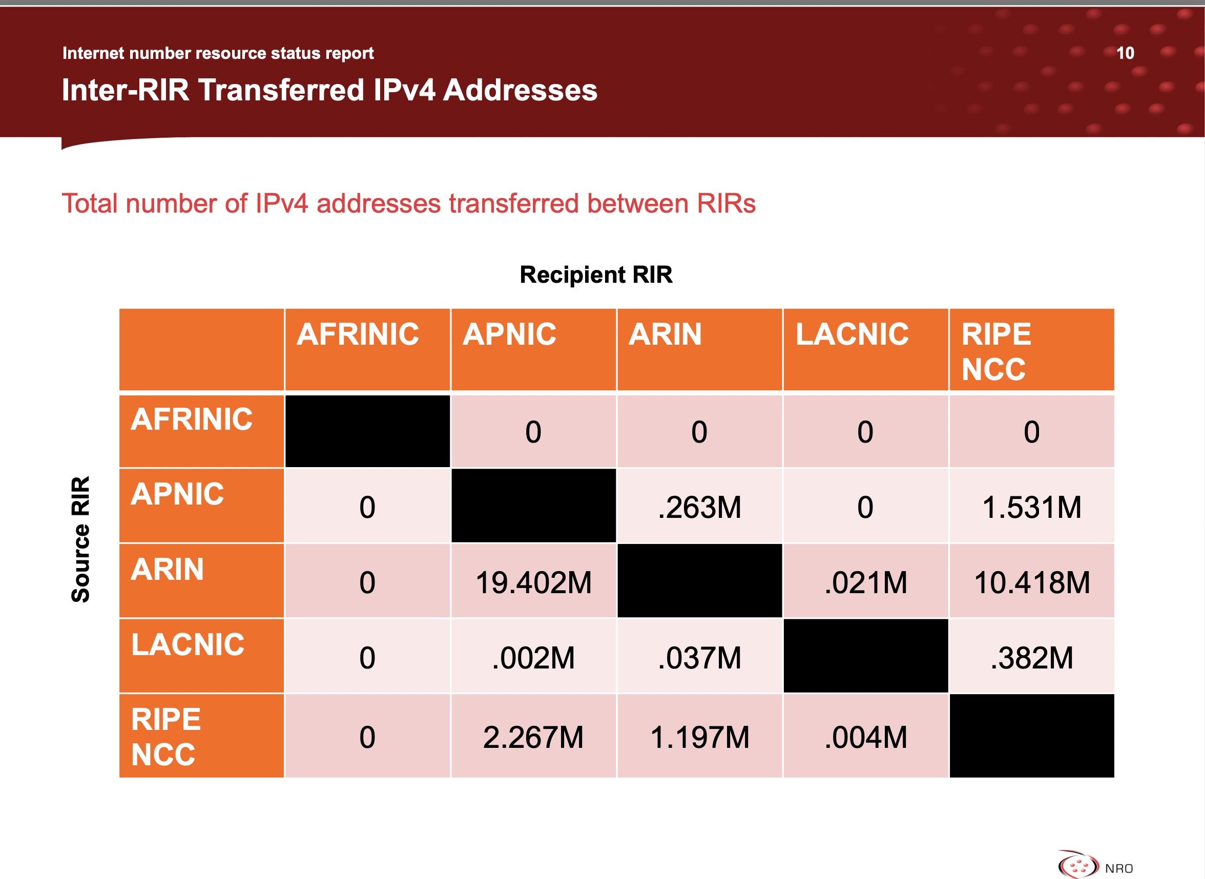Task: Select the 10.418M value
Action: tap(1031, 582)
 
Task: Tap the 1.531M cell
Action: tap(1031, 506)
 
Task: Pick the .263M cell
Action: tap(699, 506)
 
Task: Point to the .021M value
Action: tap(865, 582)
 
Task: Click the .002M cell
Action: tap(533, 657)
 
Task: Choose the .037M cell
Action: tap(699, 657)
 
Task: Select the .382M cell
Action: tap(1031, 657)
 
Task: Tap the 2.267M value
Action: tap(533, 737)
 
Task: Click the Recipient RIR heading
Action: tap(596, 275)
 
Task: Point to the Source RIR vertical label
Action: tap(81, 539)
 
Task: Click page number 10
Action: tap(1125, 53)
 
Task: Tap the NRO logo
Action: tap(1095, 864)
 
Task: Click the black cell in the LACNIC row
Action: tap(865, 657)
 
